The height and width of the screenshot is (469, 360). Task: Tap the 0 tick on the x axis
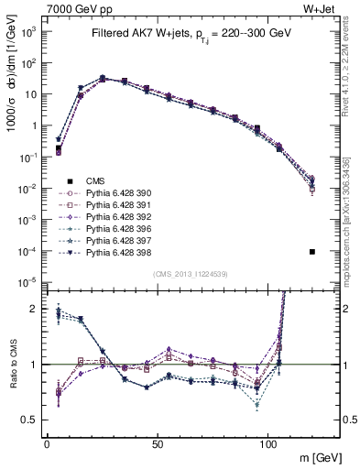47,442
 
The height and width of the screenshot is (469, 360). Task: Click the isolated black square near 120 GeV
312,252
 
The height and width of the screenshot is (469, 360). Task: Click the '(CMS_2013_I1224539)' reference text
190,272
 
